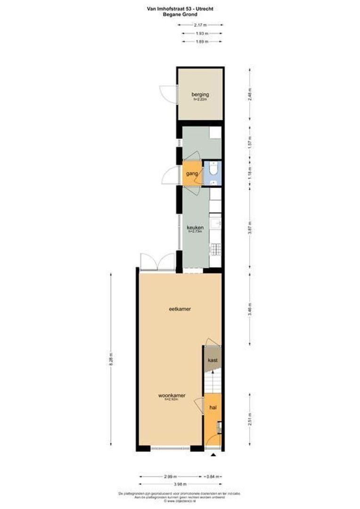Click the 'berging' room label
(200, 94)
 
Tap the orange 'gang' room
(191, 173)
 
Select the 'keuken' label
(195, 227)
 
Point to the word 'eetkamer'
(179, 309)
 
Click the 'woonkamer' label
(170, 395)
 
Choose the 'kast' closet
(213, 360)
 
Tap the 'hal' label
(212, 406)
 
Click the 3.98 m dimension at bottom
(180, 484)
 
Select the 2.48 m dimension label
(250, 94)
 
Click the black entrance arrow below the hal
(213, 455)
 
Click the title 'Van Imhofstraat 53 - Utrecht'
(180, 8)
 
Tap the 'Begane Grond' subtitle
(180, 15)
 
